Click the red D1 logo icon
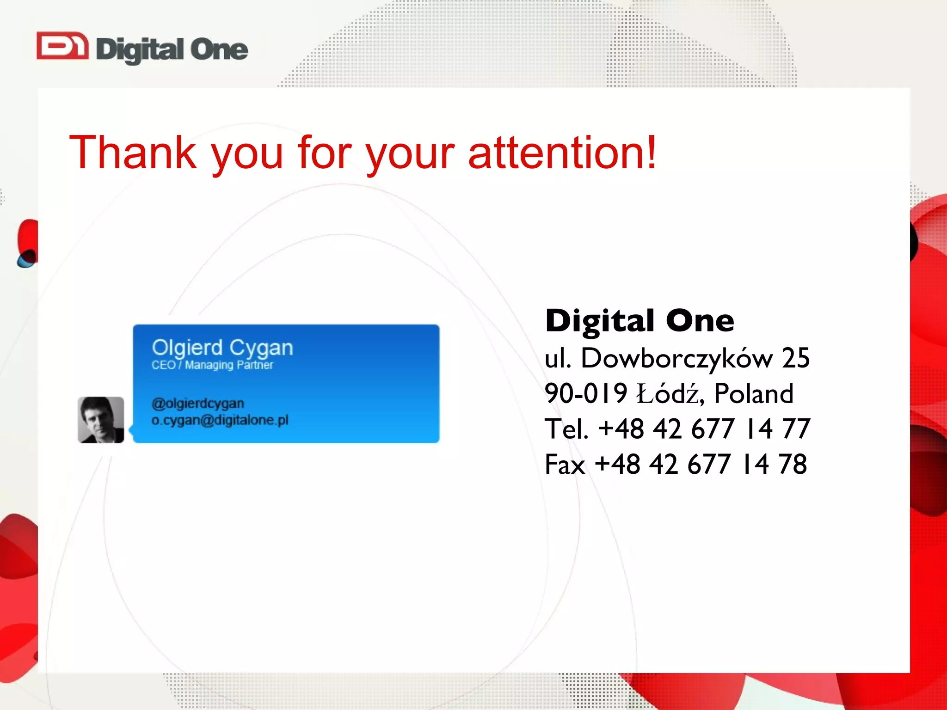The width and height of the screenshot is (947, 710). pyautogui.click(x=62, y=46)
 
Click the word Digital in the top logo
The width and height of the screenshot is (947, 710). pyautogui.click(x=140, y=50)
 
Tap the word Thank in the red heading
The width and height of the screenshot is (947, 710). pyautogui.click(x=133, y=153)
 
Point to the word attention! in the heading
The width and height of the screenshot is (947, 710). pyautogui.click(x=562, y=153)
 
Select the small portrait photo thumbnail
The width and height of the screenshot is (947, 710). pyautogui.click(x=101, y=420)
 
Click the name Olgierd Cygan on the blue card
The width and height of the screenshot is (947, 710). pyautogui.click(x=222, y=348)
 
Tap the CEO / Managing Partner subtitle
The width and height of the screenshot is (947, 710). pyautogui.click(x=212, y=365)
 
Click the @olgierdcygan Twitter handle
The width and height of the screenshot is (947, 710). pyautogui.click(x=197, y=404)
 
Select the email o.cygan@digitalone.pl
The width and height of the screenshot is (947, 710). pyautogui.click(x=220, y=420)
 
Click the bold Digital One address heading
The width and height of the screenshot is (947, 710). pyautogui.click(x=640, y=321)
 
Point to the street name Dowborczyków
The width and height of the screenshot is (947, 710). pyautogui.click(x=676, y=358)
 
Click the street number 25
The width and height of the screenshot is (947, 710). pyautogui.click(x=795, y=358)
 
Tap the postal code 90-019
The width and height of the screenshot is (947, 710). pyautogui.click(x=585, y=393)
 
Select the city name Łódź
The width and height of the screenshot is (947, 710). pyautogui.click(x=670, y=393)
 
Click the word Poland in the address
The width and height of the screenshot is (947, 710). pyautogui.click(x=754, y=393)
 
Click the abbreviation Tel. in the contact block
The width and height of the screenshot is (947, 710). pyautogui.click(x=566, y=429)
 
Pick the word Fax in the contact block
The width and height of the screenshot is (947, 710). pyautogui.click(x=565, y=464)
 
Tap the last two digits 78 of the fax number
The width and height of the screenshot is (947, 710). pyautogui.click(x=793, y=464)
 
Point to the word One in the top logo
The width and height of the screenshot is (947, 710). pyautogui.click(x=219, y=50)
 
